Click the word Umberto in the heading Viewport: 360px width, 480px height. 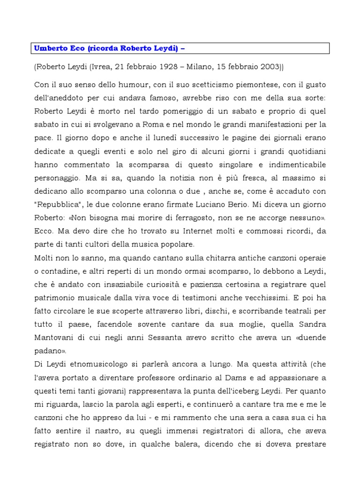50,48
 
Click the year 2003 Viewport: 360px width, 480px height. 266,67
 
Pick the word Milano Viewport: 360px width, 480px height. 199,67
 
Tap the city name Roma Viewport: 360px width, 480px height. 182,125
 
